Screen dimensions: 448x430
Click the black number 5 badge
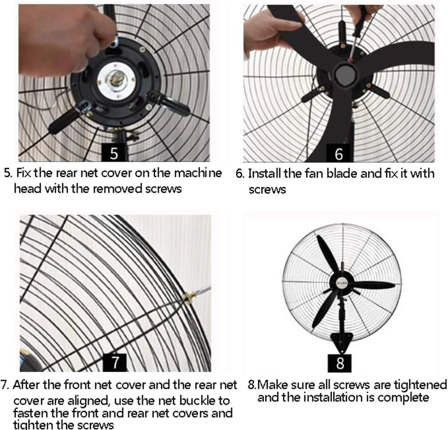click(114, 153)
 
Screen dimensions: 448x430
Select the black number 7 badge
click(115, 362)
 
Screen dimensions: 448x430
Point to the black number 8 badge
click(339, 363)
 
